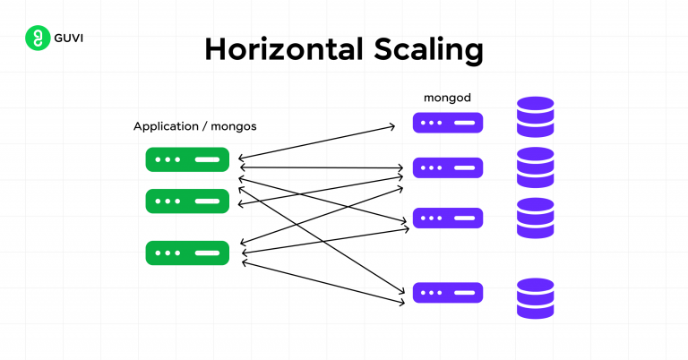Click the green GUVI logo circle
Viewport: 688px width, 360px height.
click(37, 39)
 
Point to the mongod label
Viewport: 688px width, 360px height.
click(447, 96)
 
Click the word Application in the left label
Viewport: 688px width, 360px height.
click(169, 126)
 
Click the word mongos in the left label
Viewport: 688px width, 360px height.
click(234, 126)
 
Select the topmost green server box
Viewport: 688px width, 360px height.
click(187, 160)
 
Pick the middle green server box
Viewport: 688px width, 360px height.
click(187, 201)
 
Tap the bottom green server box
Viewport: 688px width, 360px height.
click(187, 253)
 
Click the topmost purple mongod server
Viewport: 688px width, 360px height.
click(447, 123)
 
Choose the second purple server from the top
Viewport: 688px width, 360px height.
click(447, 167)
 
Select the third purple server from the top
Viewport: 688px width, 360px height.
click(447, 219)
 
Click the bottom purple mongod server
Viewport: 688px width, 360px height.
click(447, 293)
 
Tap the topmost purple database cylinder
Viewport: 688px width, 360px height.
click(535, 117)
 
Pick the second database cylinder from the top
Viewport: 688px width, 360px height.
click(535, 167)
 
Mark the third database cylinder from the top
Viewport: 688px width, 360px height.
click(535, 218)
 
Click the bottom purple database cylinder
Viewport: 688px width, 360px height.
click(535, 298)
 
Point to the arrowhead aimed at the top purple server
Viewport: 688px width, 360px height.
click(391, 127)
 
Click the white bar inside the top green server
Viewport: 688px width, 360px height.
click(207, 160)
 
